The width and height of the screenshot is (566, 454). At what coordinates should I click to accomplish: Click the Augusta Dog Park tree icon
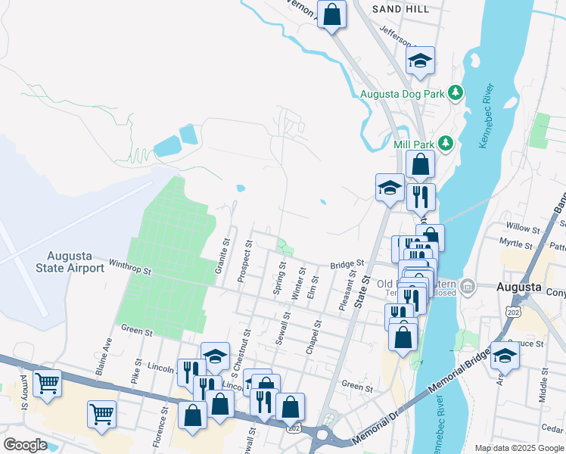click(x=455, y=94)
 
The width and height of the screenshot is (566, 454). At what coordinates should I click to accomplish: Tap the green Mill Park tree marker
click(x=446, y=143)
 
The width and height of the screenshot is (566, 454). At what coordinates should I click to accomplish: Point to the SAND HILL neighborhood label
click(x=401, y=9)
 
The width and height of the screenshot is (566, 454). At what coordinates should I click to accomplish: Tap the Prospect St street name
click(x=245, y=261)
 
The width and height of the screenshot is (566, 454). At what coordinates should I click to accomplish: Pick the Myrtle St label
click(x=517, y=242)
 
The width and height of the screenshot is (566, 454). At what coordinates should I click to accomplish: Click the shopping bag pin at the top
click(x=331, y=14)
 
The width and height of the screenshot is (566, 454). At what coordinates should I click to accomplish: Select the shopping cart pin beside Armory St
click(x=47, y=384)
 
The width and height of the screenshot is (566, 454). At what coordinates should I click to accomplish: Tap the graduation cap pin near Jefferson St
click(x=420, y=61)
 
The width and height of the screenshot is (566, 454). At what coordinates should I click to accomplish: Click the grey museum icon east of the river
click(x=468, y=287)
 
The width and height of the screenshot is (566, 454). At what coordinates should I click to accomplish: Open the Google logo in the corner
click(x=24, y=445)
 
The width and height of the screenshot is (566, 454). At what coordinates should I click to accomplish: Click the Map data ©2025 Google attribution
click(x=518, y=448)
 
